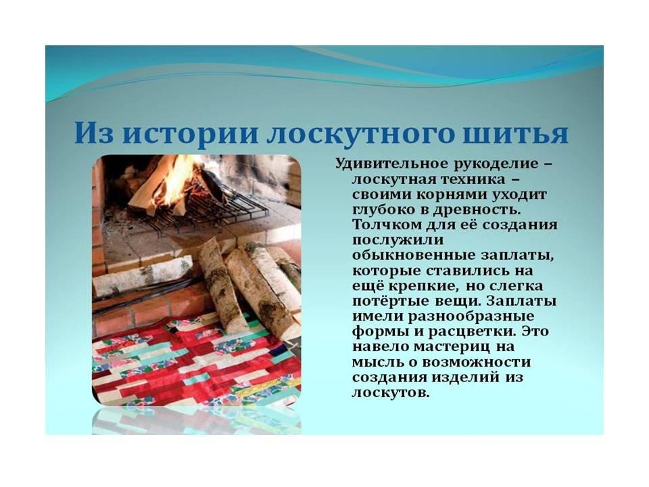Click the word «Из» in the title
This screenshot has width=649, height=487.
click(94, 133)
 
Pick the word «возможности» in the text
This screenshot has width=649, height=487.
click(476, 363)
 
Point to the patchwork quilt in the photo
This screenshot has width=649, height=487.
click(195, 361)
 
